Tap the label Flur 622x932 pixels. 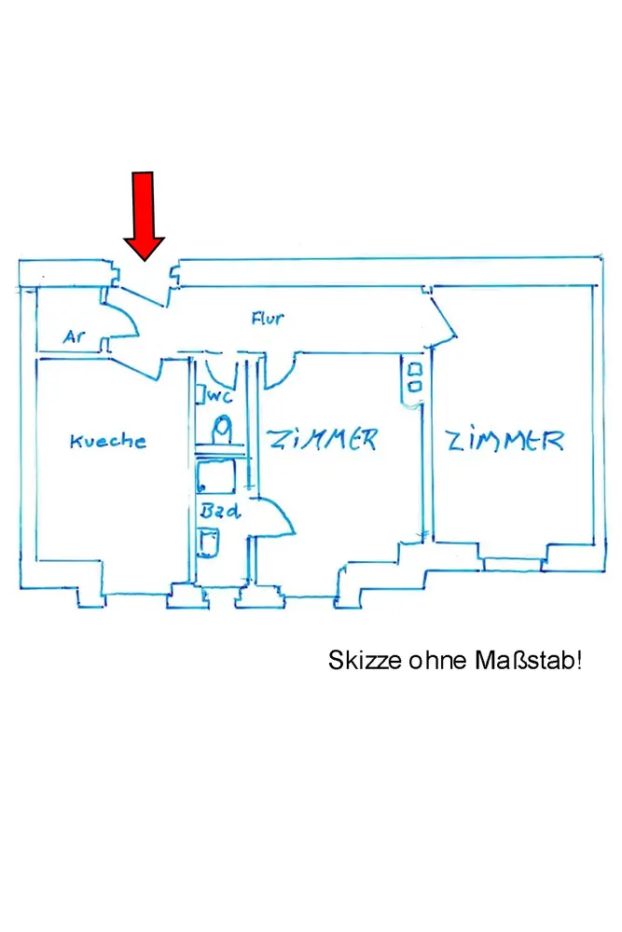pos(268,319)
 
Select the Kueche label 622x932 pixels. pos(108,441)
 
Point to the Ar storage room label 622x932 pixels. pos(75,336)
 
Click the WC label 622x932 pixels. pos(220,396)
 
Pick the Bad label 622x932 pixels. pos(220,511)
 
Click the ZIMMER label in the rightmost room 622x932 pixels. pos(505,440)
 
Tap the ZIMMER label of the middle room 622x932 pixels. pos(322,439)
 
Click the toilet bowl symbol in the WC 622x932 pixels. pos(222,430)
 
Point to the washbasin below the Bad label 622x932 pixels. pos(210,541)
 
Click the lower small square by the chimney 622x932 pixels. pos(415,386)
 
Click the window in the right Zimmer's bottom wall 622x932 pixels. pos(512,564)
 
